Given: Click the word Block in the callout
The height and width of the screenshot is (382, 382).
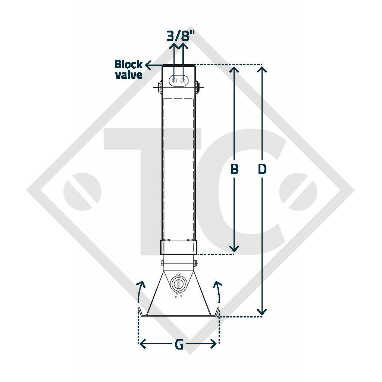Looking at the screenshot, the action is coord(128,64).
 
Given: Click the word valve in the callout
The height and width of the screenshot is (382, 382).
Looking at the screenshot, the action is coord(129,75).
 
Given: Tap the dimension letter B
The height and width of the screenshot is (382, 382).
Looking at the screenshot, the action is coord(234,169).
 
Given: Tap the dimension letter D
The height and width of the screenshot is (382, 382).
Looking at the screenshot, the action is coord(262,169).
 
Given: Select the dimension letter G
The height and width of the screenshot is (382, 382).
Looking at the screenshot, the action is coord(179,345).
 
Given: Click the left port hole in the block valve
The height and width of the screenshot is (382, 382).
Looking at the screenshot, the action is coord(174,80).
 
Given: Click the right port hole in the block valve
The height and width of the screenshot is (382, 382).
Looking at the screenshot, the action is coord(183,80).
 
